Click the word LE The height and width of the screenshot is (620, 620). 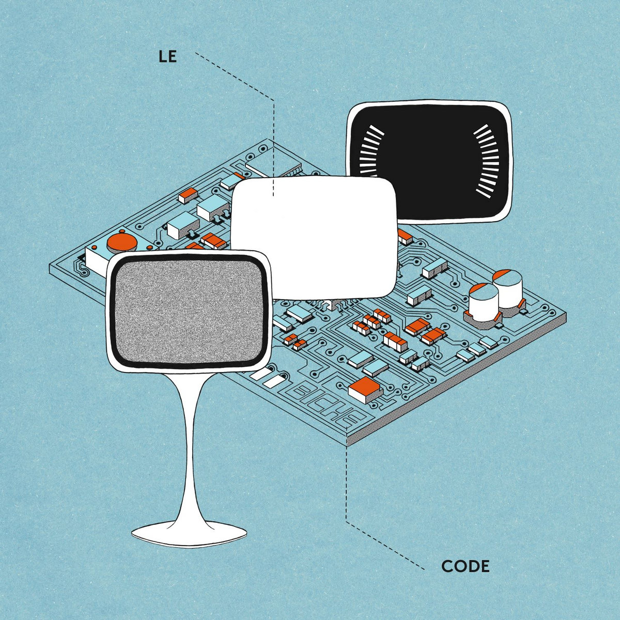pos(167,56)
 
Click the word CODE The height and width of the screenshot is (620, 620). pos(465,566)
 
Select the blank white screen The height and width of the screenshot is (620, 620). pos(314,238)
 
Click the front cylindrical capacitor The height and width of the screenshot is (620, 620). pos(484,302)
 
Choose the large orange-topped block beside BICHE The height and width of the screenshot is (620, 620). pos(365,390)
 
